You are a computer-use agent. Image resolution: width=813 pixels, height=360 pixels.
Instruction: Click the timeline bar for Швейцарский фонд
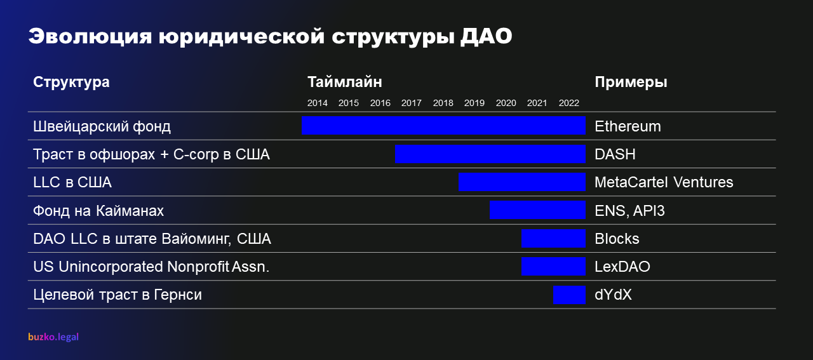click(x=443, y=125)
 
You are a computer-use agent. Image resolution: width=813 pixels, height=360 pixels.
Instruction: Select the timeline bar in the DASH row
click(x=490, y=154)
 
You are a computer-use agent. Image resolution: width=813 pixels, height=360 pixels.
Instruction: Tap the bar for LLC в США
click(x=522, y=182)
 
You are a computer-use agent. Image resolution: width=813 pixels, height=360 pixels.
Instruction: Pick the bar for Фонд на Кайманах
click(x=537, y=210)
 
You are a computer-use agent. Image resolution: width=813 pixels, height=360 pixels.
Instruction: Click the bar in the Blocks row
click(x=553, y=238)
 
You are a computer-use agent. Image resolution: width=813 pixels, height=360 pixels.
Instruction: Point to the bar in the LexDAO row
click(x=553, y=267)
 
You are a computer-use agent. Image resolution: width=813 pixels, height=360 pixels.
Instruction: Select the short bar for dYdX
click(x=570, y=295)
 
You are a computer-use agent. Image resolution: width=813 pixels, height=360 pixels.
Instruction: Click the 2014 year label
click(x=317, y=103)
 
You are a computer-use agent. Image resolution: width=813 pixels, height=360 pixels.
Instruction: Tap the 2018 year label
click(x=443, y=103)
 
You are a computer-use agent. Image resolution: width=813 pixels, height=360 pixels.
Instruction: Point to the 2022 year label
click(x=568, y=103)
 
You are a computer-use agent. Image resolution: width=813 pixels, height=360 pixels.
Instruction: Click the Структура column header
click(x=71, y=83)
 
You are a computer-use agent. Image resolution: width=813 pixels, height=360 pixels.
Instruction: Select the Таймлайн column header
click(x=345, y=82)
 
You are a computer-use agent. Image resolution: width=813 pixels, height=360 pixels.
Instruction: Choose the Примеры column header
click(x=631, y=83)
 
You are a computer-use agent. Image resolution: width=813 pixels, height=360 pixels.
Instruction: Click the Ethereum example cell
click(x=628, y=126)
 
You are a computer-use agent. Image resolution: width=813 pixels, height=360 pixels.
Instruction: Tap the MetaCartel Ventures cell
click(x=664, y=182)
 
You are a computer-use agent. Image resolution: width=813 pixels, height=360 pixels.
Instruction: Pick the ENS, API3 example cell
click(x=629, y=211)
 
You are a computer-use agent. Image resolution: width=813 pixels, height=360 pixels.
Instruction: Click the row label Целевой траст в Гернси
click(x=118, y=295)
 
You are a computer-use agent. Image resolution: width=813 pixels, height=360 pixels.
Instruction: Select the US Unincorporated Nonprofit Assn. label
click(x=151, y=267)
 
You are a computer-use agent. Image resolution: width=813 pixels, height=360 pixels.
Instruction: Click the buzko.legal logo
click(x=53, y=337)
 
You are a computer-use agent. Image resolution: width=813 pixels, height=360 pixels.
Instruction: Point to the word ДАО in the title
click(x=487, y=37)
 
